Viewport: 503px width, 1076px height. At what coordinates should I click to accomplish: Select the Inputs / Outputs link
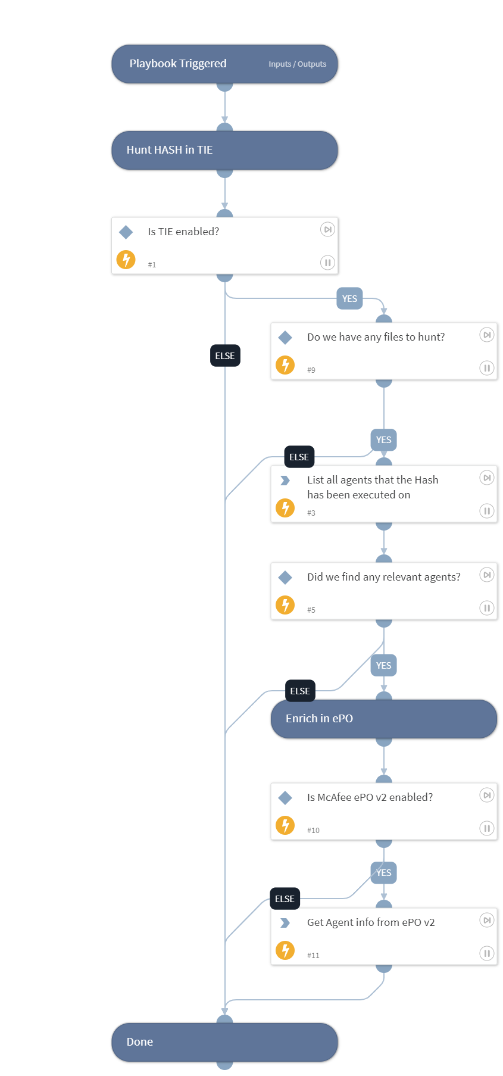pos(297,64)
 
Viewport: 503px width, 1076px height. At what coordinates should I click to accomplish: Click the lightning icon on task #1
pos(126,260)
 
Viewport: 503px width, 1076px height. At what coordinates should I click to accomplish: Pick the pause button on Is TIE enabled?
pos(327,263)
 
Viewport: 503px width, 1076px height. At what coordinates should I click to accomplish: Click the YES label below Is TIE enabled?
pos(349,299)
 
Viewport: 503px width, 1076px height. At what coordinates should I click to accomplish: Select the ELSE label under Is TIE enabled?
pos(225,356)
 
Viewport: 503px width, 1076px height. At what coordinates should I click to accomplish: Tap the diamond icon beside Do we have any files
pos(285,338)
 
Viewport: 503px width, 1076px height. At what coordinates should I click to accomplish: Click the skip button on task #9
pos(486,335)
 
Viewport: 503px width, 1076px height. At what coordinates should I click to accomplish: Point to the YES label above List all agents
pos(383,440)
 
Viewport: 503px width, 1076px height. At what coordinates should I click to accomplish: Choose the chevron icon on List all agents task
pos(285,481)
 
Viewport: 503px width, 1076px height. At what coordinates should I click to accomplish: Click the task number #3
pos(311,513)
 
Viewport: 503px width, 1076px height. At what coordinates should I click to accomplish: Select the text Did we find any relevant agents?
pos(383,577)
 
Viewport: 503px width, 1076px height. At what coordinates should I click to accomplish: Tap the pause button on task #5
pos(486,608)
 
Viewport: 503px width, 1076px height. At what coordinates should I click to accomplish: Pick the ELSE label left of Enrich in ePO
pos(300,691)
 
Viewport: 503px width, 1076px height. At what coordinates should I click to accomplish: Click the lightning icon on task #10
pos(285,825)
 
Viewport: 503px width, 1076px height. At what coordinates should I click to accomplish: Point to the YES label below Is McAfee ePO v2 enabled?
pos(383,873)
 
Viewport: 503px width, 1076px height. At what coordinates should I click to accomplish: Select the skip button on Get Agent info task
pos(486,921)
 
